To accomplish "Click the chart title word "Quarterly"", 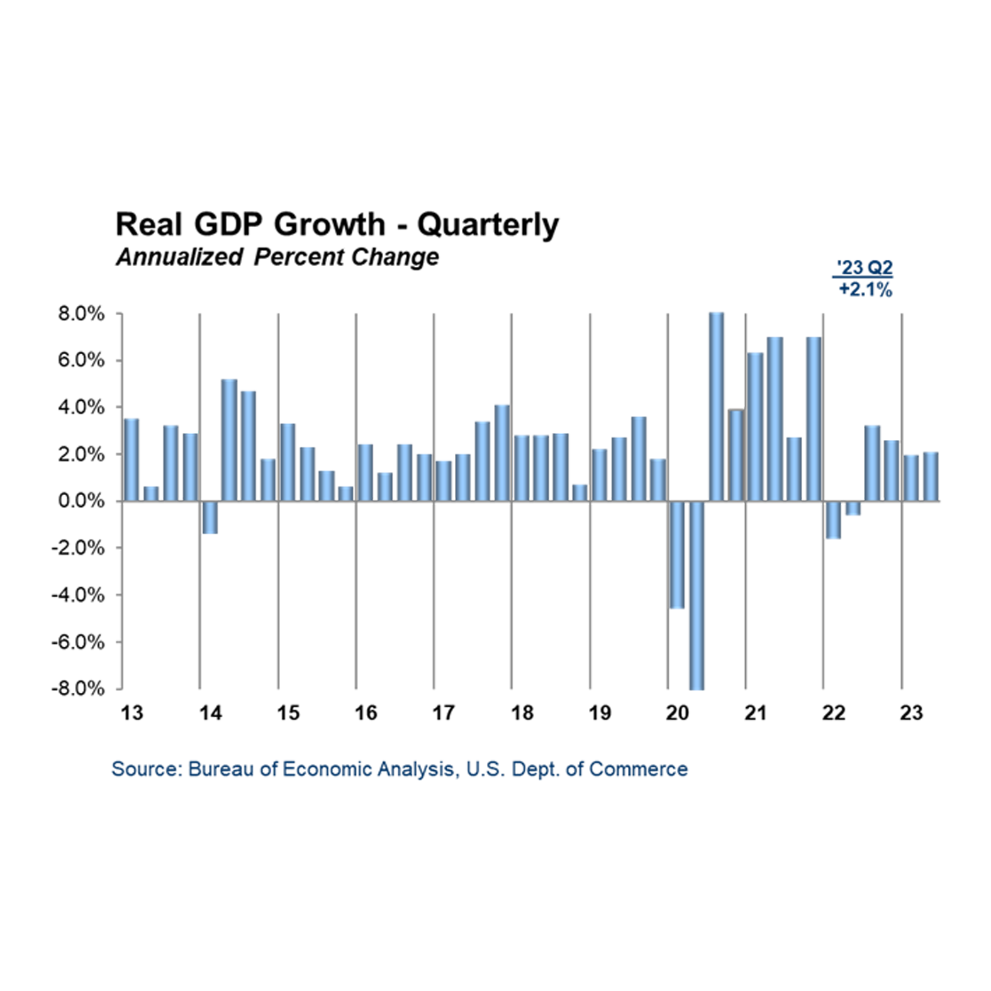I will pos(488,225).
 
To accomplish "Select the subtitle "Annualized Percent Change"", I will pos(277,257).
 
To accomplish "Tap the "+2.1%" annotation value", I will pos(865,289).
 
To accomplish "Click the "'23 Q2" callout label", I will pos(864,267).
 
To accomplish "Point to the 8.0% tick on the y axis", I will pos(81,313).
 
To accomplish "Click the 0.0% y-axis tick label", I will pos(81,501).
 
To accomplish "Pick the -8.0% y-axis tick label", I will pos(78,688).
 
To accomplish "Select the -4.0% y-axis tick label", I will pos(78,595).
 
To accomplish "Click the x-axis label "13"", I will pos(132,713).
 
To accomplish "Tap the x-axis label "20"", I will pos(677,713).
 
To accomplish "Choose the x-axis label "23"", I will pos(911,713).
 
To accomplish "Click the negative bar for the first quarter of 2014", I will pos(210,517).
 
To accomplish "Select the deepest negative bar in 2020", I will pos(697,595).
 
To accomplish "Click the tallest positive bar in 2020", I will pos(716,406).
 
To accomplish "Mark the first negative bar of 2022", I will pos(833,520).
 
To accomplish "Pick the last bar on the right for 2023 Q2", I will pos(931,476).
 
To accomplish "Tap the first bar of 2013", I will pos(132,460).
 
